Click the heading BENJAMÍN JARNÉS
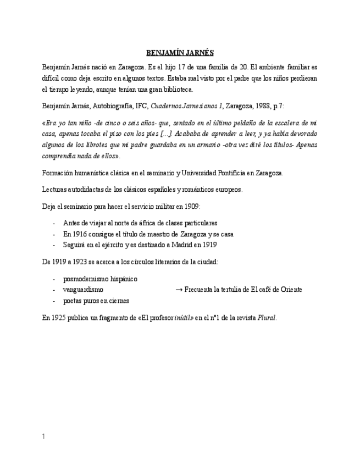(x=180, y=53)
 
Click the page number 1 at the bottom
(x=43, y=436)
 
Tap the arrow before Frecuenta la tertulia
(x=179, y=290)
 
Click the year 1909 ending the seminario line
(x=192, y=206)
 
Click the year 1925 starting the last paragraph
(x=59, y=318)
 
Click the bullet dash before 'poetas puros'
(x=53, y=301)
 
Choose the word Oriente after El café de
(x=290, y=290)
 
